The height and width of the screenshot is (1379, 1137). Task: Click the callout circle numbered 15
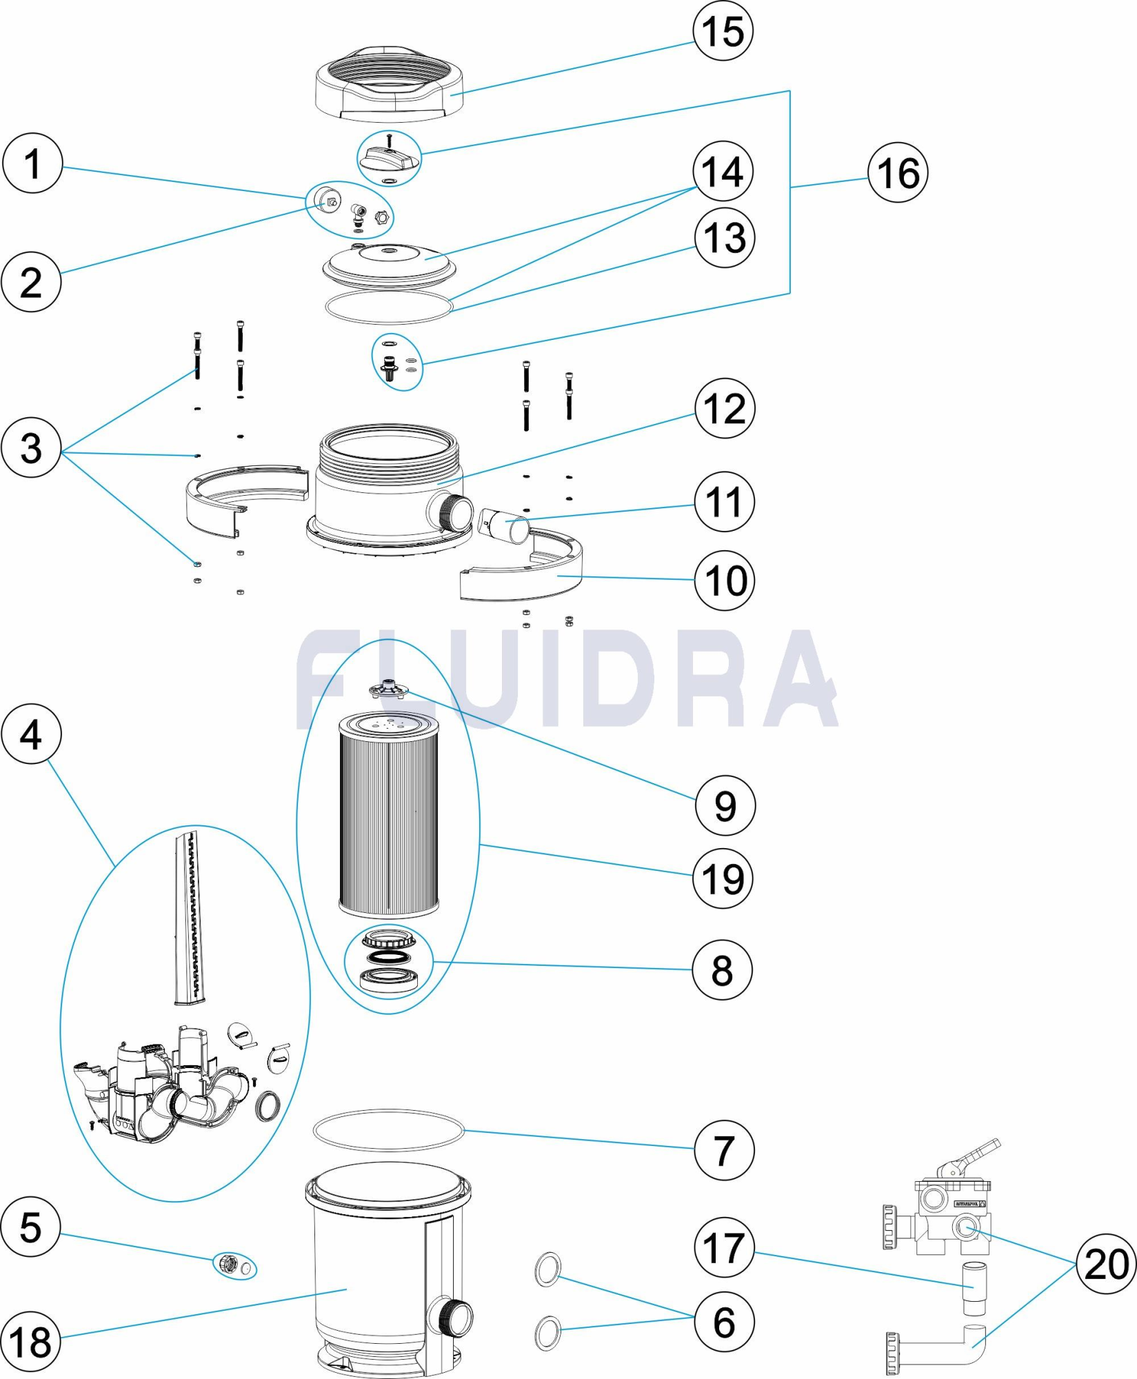tap(723, 31)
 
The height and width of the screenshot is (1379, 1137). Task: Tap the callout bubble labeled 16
tap(898, 172)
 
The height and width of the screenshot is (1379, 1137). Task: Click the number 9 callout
tap(725, 805)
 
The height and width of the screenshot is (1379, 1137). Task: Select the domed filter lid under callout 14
tap(390, 265)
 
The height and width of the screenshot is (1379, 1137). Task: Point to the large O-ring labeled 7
tap(389, 1129)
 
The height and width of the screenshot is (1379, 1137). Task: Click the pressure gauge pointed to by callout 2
tap(327, 200)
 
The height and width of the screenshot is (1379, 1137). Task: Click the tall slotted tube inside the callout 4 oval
tap(190, 917)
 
